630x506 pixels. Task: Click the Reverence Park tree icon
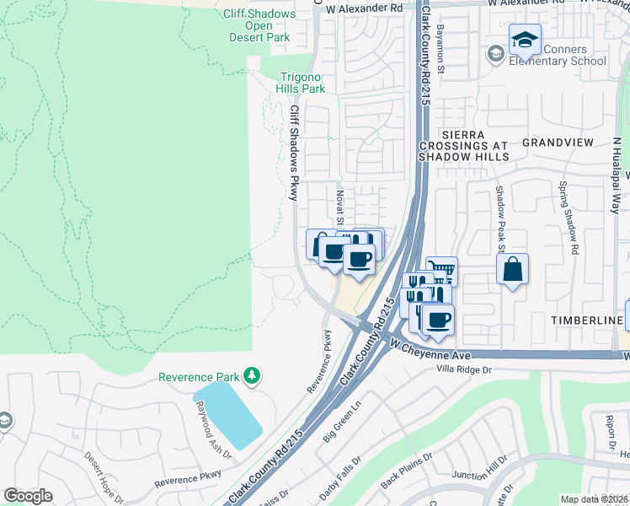[251, 375]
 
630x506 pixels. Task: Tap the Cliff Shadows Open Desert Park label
[259, 25]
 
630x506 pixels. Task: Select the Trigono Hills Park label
[302, 82]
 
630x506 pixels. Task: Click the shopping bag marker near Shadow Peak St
[512, 270]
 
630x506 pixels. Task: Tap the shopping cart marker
[444, 271]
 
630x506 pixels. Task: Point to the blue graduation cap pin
[525, 40]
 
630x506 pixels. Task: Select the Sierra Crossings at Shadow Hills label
[463, 145]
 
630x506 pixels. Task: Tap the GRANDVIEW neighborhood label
[558, 143]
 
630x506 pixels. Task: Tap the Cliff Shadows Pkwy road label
[294, 152]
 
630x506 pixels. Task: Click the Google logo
[28, 495]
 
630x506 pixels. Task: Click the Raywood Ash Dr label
[211, 434]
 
